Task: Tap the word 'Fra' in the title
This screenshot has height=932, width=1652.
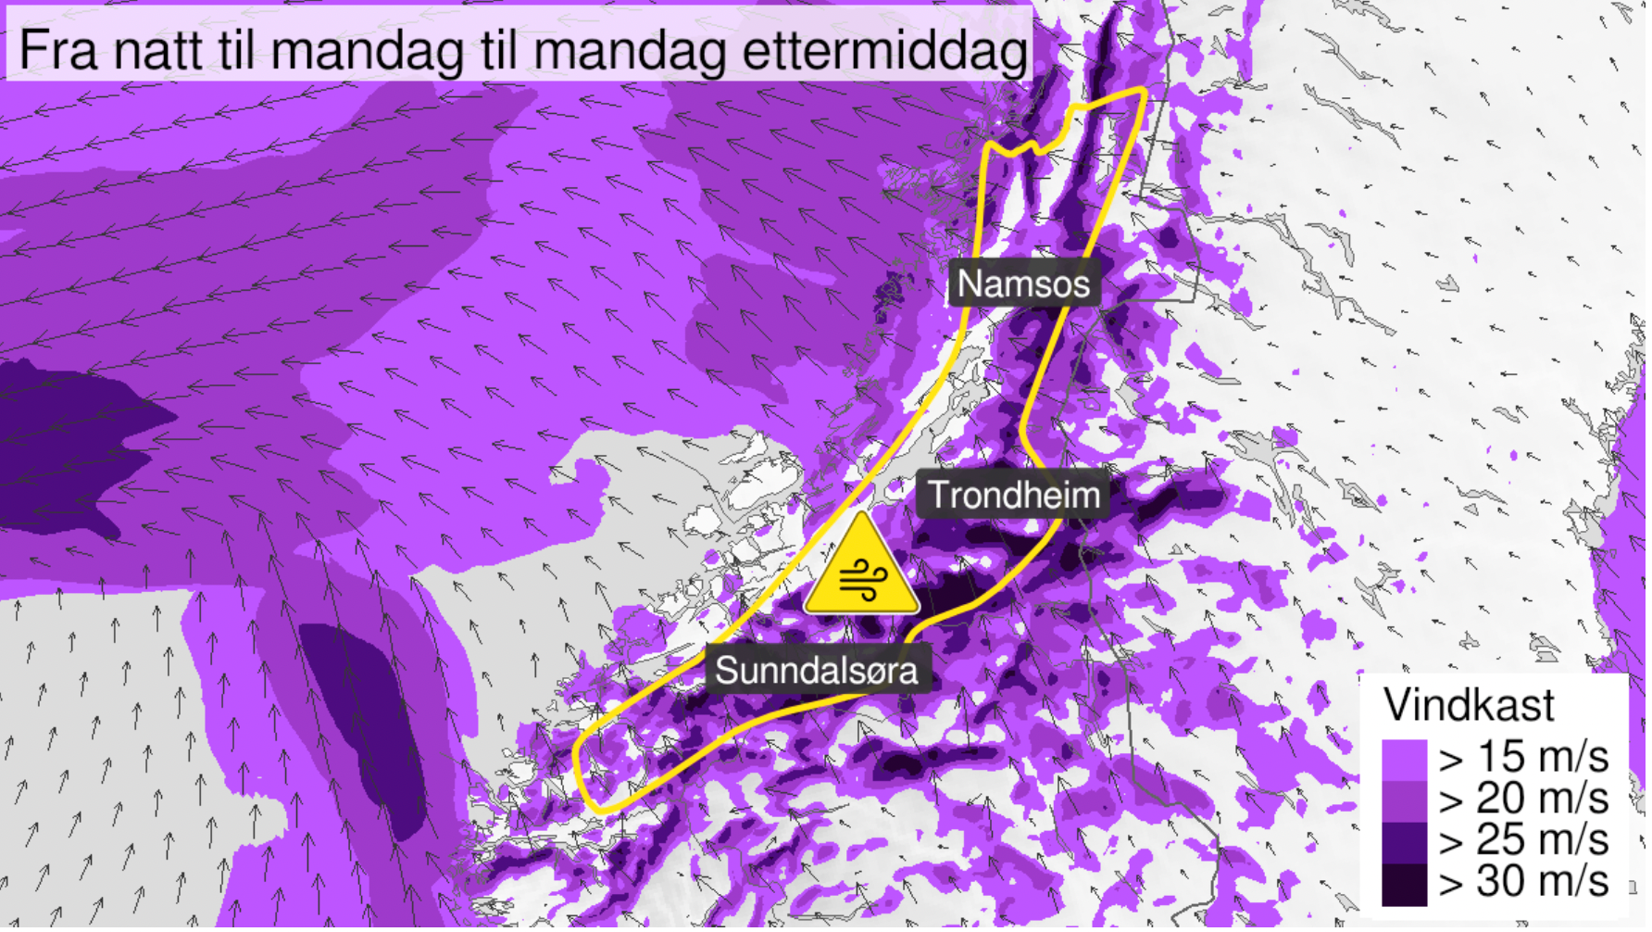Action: pos(58,50)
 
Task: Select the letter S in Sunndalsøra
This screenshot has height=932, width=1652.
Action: pos(727,671)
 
